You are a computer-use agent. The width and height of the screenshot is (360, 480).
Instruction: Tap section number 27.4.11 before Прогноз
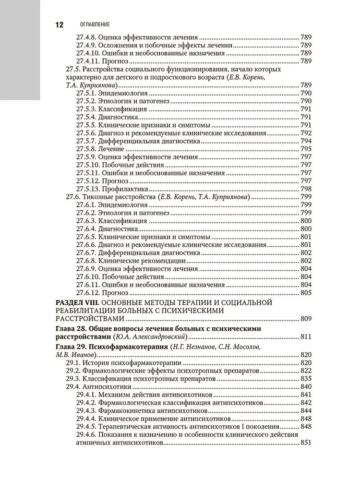[x=88, y=61]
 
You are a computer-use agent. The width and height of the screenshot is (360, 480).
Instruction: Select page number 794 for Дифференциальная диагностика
[x=306, y=142]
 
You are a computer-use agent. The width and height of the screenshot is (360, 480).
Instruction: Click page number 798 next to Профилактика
[x=306, y=189]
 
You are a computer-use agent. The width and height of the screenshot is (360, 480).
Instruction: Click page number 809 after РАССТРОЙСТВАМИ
[x=306, y=319]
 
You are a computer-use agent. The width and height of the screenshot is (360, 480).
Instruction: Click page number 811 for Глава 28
[x=306, y=337]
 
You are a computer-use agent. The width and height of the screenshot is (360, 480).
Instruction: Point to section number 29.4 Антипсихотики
[x=72, y=386]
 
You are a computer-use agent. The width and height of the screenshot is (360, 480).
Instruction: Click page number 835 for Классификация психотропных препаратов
[x=306, y=378]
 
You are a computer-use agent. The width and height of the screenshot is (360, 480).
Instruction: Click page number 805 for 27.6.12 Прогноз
[x=306, y=292]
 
